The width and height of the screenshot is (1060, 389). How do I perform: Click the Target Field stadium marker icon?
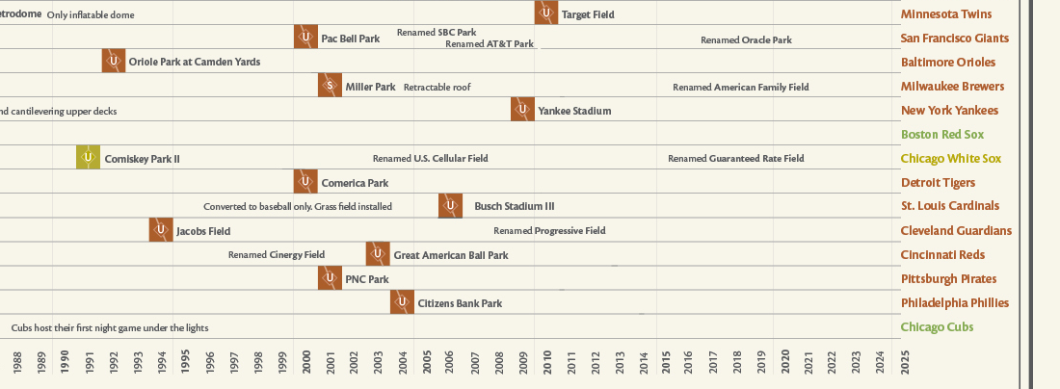(x=546, y=13)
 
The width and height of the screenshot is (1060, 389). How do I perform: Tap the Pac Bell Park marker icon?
(x=305, y=38)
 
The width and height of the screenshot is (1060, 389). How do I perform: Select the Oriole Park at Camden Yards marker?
(x=114, y=61)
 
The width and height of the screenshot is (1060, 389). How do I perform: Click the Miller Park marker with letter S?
(x=330, y=86)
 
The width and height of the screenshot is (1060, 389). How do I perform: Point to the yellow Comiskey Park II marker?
(x=89, y=158)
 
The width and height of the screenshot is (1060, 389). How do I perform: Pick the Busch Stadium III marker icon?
(x=450, y=205)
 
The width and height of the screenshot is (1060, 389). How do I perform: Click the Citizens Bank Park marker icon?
(x=402, y=302)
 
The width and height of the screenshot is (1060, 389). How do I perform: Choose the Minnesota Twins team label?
(x=945, y=14)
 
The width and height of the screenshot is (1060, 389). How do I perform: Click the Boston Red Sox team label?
(x=941, y=135)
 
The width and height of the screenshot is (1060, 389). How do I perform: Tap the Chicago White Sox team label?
(x=951, y=159)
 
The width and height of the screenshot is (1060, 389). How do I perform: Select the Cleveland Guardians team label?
(x=956, y=231)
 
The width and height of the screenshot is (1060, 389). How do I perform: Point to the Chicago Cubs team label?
(x=937, y=327)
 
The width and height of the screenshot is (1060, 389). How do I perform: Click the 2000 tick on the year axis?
(x=306, y=363)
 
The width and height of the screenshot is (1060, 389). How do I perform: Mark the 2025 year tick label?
(x=905, y=363)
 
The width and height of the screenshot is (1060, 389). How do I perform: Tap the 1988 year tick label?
(x=17, y=363)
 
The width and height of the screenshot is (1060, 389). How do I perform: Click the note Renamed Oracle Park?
(x=746, y=39)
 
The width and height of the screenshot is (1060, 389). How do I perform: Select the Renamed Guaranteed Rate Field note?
(x=735, y=158)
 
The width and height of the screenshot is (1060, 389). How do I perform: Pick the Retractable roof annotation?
(x=437, y=87)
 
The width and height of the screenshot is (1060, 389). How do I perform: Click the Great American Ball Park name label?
(x=450, y=255)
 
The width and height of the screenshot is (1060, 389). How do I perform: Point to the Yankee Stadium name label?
(x=574, y=111)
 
